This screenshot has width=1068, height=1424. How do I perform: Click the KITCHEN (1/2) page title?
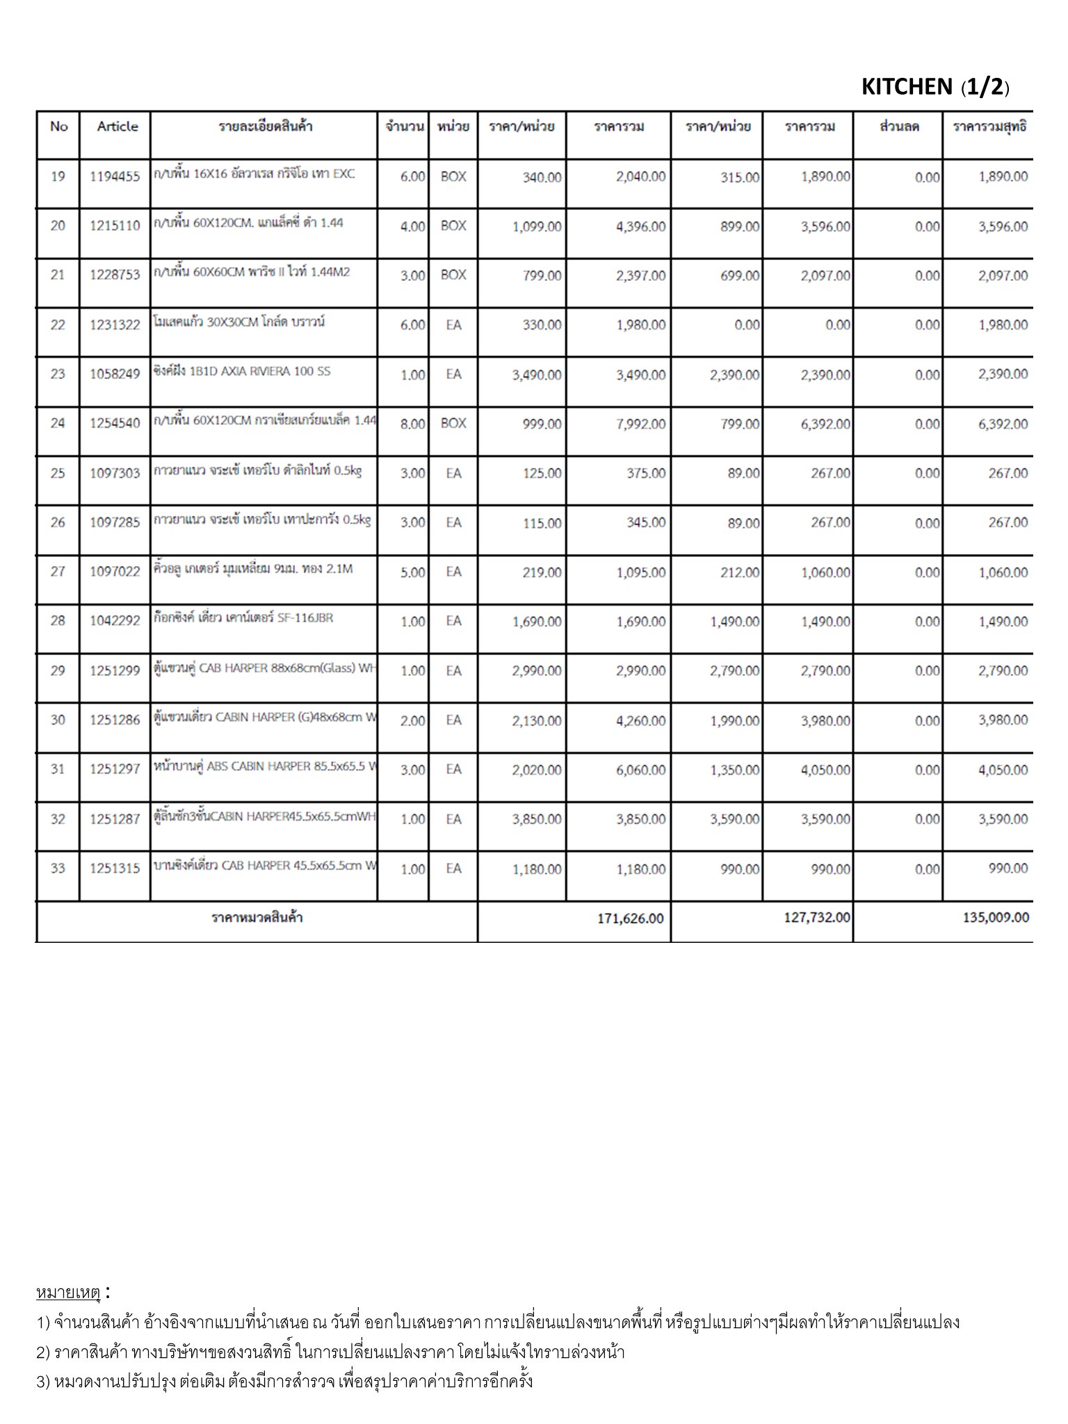pos(934,87)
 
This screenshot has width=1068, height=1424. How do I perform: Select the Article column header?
pos(118,127)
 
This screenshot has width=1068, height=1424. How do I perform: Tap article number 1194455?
pos(115,177)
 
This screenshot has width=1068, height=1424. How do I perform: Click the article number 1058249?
pos(115,374)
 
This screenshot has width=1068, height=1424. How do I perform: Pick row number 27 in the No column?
pos(58,572)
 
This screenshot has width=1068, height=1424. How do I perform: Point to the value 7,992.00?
pos(640,424)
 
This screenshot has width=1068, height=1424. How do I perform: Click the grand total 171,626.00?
pos(630,919)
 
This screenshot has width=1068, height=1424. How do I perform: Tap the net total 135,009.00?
pos(996,918)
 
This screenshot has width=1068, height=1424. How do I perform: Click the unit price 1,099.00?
pos(537,227)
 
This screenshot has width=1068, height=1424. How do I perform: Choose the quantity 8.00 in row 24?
pos(412,424)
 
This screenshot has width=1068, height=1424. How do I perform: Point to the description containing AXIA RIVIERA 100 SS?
pos(242,371)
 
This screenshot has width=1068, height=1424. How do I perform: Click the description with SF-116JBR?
pos(243,617)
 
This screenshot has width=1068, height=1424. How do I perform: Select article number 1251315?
pos(115,868)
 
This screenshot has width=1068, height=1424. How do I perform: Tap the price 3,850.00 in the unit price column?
pos(537,820)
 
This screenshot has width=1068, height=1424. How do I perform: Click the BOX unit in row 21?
pos(453,275)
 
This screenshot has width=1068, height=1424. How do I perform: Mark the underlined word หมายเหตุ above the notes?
pos(68,1293)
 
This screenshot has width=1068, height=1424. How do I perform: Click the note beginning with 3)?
pos(284,1382)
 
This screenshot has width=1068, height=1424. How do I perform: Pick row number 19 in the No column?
pos(58,177)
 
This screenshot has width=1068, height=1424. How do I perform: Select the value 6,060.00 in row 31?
pos(640,770)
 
